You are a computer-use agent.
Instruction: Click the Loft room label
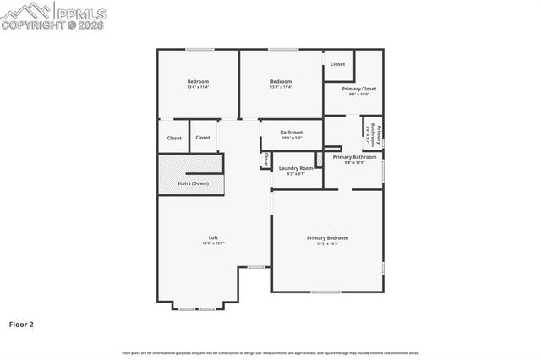(213, 237)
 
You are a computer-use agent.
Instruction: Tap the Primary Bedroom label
(327, 237)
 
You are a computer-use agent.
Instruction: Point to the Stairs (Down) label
(193, 183)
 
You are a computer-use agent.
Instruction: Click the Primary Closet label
(359, 88)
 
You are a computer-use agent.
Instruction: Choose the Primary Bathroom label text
(354, 157)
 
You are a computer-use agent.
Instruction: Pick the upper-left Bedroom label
(198, 81)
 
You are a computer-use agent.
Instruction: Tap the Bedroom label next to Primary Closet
(281, 81)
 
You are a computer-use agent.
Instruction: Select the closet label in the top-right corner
(337, 64)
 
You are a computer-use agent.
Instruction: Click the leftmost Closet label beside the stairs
(174, 138)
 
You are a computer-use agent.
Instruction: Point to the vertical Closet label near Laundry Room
(265, 159)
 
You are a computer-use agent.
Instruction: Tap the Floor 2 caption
(21, 324)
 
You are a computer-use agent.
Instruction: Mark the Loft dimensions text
(213, 243)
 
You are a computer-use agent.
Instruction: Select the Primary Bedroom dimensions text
(327, 243)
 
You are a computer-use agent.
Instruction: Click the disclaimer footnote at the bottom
(270, 352)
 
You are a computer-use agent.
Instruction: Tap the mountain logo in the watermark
(25, 9)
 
